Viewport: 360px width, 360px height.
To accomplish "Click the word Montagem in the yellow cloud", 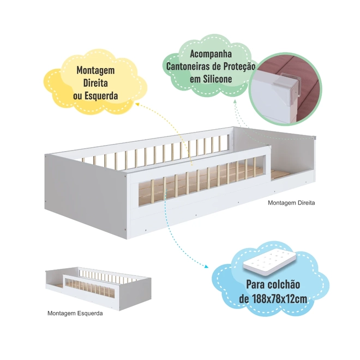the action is [x=95, y=70].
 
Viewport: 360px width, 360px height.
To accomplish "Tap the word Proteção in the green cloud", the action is [x=239, y=67].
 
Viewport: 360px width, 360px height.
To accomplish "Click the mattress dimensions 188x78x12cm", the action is [x=279, y=299].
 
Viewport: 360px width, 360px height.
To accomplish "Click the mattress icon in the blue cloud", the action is [x=269, y=262].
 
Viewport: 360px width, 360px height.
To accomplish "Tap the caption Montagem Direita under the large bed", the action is [x=291, y=203].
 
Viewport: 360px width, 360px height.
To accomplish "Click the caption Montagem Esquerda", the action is [x=75, y=313].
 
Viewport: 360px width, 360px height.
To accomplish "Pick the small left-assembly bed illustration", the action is [x=98, y=289].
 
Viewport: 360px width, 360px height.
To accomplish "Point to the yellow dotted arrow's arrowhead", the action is [x=137, y=104].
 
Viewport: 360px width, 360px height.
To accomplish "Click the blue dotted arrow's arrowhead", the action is [x=206, y=266].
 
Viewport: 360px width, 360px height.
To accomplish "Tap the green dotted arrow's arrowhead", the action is [x=235, y=101].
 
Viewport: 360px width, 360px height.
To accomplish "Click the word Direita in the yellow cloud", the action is [x=95, y=83].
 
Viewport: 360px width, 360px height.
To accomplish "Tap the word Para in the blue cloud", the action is [x=255, y=285].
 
